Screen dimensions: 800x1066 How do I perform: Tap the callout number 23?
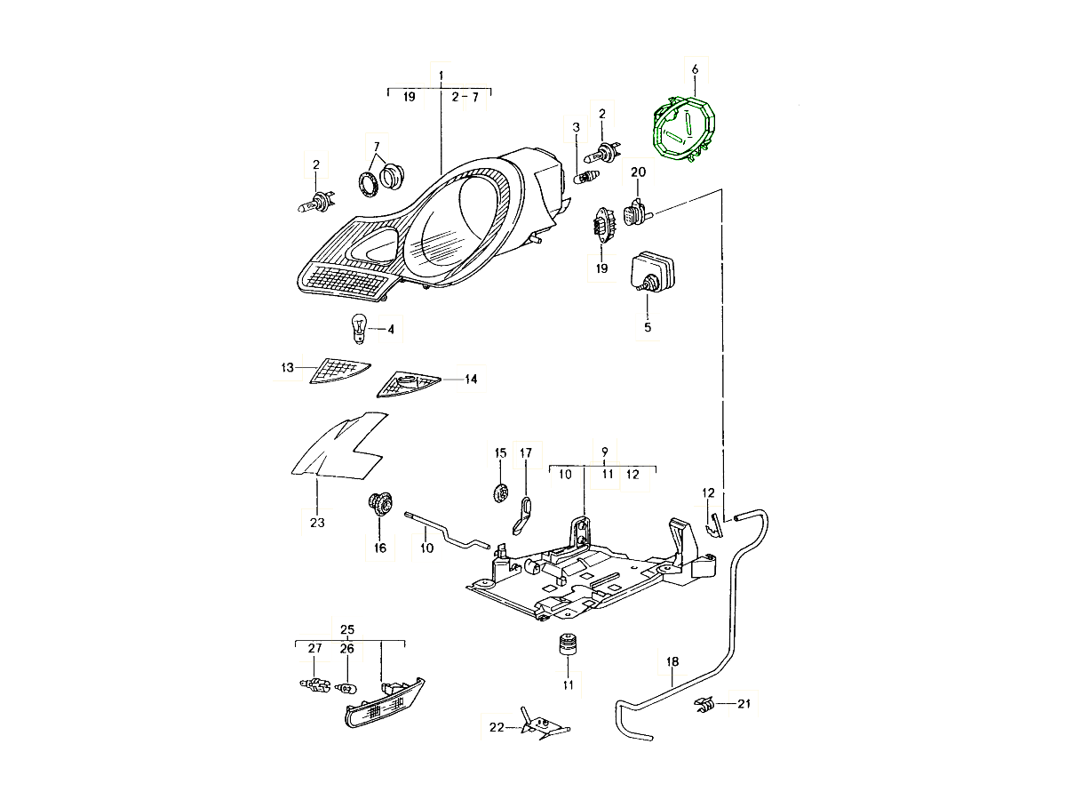click(317, 523)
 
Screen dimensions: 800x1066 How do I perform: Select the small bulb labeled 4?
click(357, 328)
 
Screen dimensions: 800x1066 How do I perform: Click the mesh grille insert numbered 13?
click(339, 371)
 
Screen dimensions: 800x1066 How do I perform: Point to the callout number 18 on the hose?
click(672, 661)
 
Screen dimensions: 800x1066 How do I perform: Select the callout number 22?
click(496, 727)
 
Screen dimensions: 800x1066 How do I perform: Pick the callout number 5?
click(648, 328)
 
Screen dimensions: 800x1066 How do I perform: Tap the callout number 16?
click(380, 548)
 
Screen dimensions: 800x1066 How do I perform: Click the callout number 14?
click(471, 380)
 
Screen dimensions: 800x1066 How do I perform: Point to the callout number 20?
click(638, 172)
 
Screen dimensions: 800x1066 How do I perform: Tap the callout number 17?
click(525, 453)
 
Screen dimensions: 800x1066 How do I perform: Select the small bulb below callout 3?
click(584, 178)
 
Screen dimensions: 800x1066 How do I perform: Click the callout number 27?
click(315, 649)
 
